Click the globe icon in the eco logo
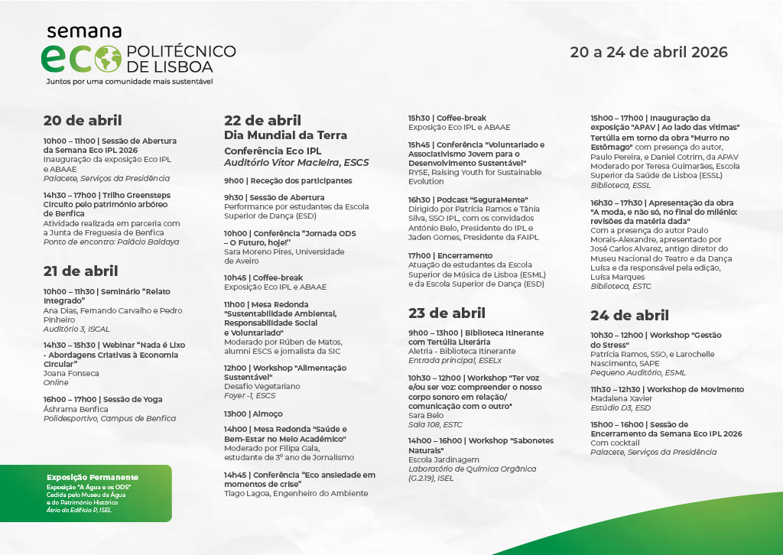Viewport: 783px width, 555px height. pyautogui.click(x=107, y=58)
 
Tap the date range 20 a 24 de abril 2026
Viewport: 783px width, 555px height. pyautogui.click(x=648, y=53)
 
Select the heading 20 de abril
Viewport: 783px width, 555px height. pyautogui.click(x=83, y=120)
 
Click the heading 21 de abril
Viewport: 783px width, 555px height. pyautogui.click(x=81, y=271)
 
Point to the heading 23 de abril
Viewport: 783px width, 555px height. pyautogui.click(x=447, y=313)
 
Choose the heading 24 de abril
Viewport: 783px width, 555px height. pyautogui.click(x=629, y=315)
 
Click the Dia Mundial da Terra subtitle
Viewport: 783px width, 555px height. pyautogui.click(x=285, y=135)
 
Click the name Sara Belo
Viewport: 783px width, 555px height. pyautogui.click(x=425, y=415)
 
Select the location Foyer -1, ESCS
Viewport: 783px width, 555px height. pyautogui.click(x=250, y=395)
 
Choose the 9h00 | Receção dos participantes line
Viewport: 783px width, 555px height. pyautogui.click(x=288, y=181)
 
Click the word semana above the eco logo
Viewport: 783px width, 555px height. pyautogui.click(x=84, y=31)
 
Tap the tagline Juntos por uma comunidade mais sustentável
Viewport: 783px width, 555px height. pyautogui.click(x=129, y=81)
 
